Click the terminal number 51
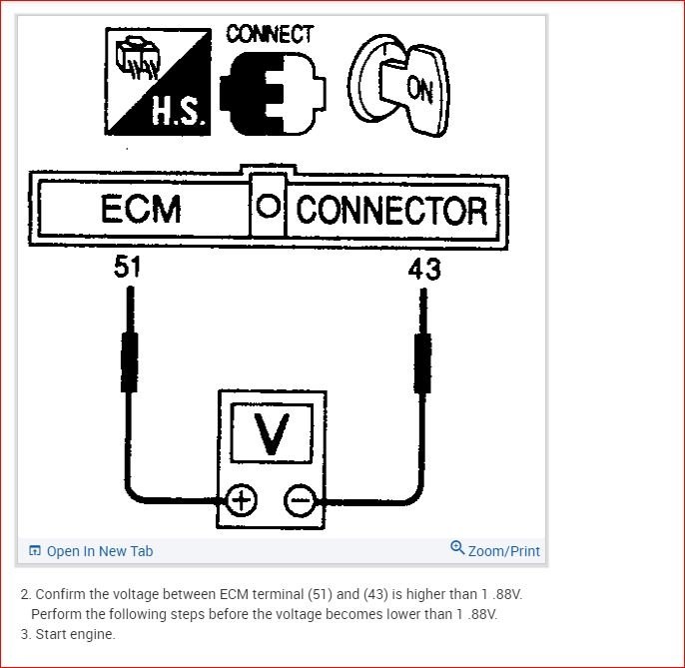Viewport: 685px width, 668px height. [x=127, y=268]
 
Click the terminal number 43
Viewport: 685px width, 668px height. [x=423, y=269]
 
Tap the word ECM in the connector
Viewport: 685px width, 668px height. [x=141, y=211]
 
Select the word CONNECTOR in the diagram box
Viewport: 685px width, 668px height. [x=391, y=211]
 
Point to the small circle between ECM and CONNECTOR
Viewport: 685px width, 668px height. [x=267, y=209]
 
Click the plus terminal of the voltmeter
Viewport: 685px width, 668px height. [x=242, y=499]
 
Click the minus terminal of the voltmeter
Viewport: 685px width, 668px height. [x=300, y=499]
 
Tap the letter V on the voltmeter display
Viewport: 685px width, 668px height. [x=271, y=432]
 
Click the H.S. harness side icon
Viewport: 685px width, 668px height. [x=158, y=82]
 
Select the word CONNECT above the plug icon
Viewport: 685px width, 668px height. [x=270, y=34]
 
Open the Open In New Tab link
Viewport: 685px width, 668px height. [x=99, y=551]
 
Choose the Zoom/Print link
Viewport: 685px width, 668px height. [x=503, y=551]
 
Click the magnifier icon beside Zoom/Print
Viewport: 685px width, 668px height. [x=457, y=548]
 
